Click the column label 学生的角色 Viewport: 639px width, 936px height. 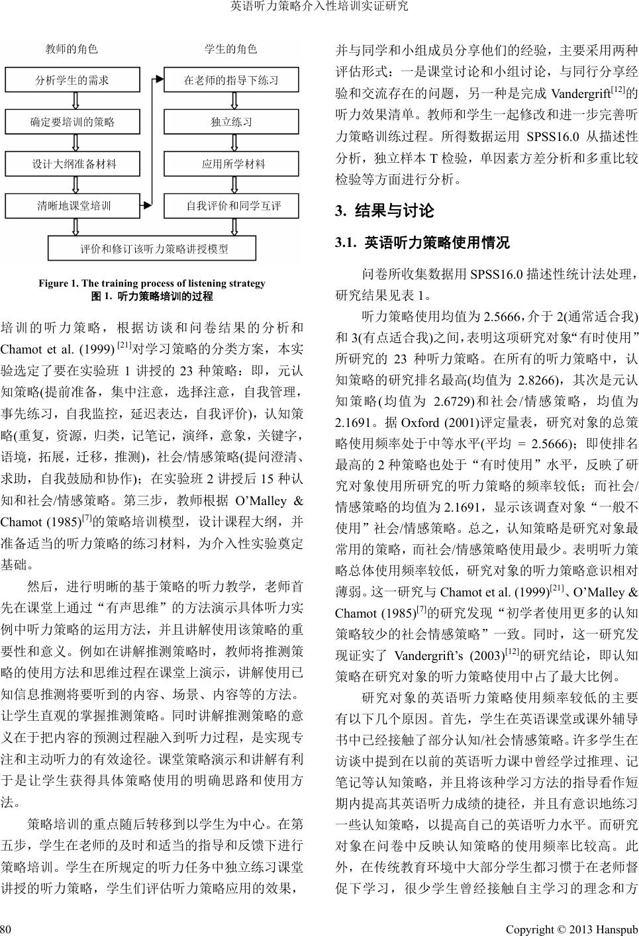[231, 49]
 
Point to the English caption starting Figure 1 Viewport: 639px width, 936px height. [152, 283]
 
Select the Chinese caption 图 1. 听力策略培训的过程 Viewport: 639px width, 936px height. [152, 296]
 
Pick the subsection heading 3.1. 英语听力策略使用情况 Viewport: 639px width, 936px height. [423, 243]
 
